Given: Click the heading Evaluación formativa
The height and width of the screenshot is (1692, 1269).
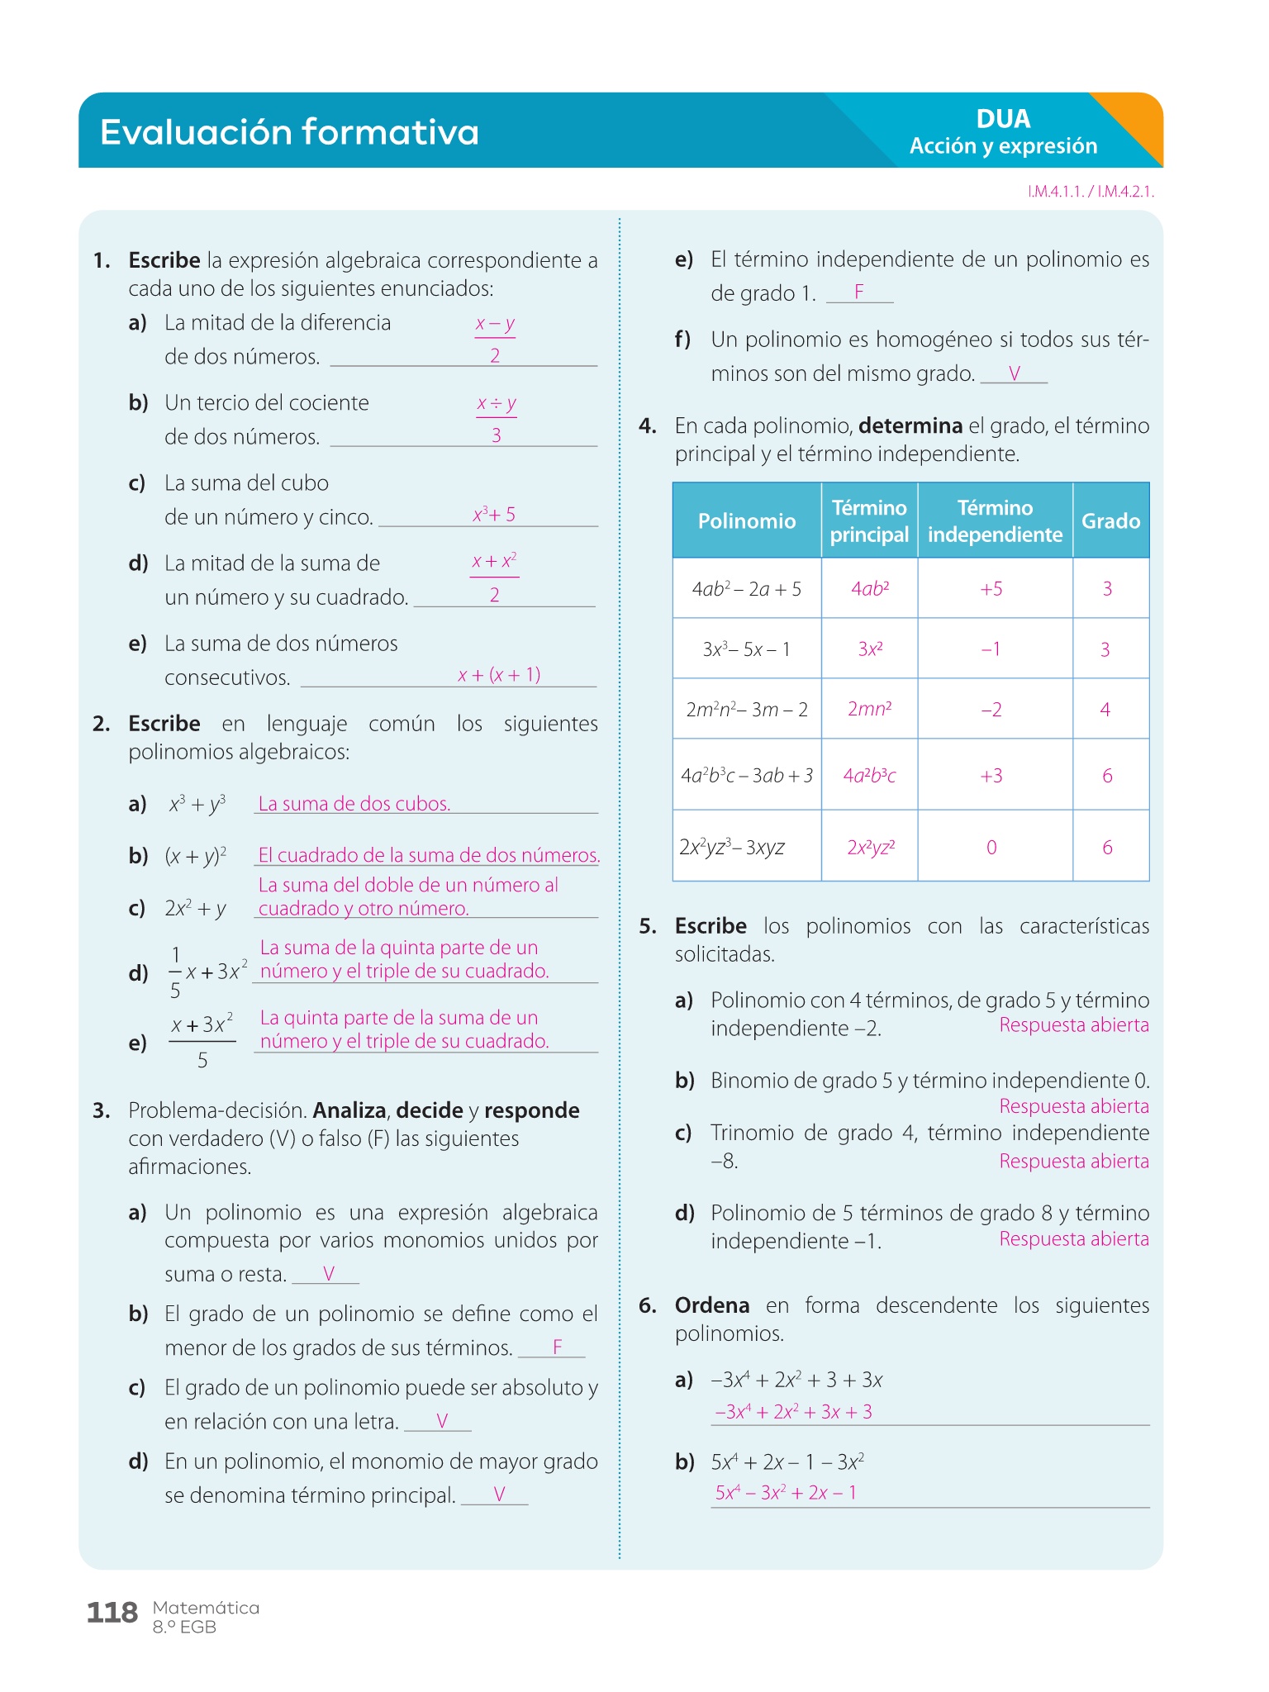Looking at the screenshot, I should [x=289, y=132].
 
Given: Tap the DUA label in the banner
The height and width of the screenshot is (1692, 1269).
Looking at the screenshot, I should [x=1003, y=119].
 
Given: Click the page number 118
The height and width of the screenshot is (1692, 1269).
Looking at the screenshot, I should [x=112, y=1612].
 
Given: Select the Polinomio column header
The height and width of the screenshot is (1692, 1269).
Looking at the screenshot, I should [x=747, y=521].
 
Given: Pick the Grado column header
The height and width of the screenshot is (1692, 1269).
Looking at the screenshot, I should [x=1110, y=521].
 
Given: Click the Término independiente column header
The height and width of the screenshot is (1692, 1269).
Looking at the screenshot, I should [x=995, y=521].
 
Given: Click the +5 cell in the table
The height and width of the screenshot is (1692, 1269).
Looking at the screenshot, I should [x=991, y=589].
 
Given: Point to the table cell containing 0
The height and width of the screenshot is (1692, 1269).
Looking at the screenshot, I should [x=991, y=848].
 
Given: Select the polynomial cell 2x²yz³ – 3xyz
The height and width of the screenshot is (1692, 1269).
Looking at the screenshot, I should [x=732, y=848].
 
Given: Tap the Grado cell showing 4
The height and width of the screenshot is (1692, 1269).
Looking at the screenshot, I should [x=1105, y=710].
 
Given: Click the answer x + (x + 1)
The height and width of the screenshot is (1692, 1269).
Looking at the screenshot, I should [x=499, y=675].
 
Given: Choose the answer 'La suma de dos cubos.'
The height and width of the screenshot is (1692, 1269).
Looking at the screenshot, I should [x=354, y=804].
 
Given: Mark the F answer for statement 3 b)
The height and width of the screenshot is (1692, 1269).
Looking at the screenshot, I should [x=558, y=1347].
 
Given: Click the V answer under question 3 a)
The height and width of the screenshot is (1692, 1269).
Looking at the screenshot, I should [x=329, y=1274].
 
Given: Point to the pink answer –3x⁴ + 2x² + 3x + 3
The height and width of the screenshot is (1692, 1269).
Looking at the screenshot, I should [x=793, y=1412].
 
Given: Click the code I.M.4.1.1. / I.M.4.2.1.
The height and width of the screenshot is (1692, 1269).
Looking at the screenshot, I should [x=1091, y=192].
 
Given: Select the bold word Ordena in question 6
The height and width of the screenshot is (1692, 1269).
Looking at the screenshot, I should [x=712, y=1305].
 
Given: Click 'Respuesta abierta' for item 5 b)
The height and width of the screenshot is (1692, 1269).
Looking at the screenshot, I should [x=1074, y=1106].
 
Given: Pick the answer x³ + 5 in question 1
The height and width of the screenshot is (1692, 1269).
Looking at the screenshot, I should [x=494, y=515].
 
